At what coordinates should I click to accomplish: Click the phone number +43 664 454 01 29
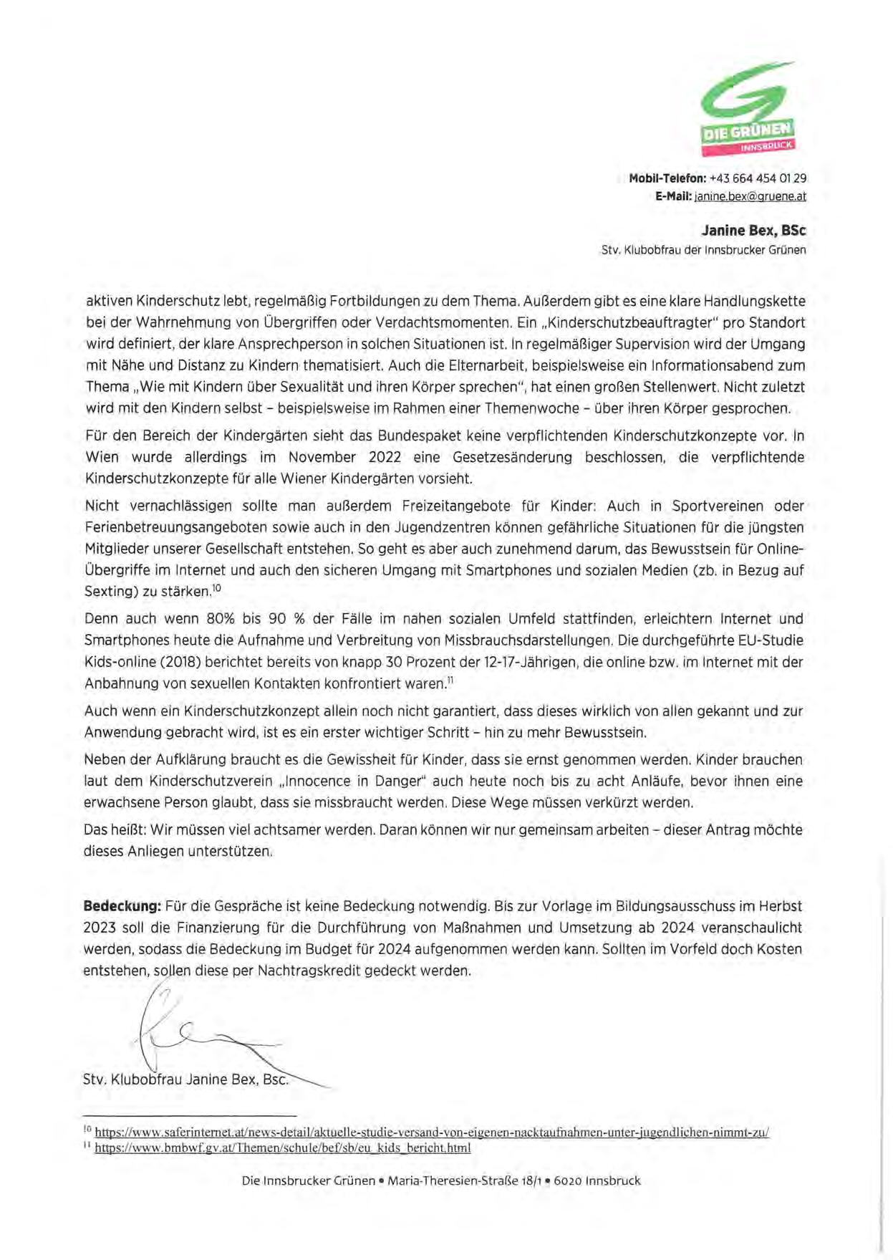point(758,178)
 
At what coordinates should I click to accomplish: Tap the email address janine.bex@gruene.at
point(750,196)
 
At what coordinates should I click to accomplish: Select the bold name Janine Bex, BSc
point(753,231)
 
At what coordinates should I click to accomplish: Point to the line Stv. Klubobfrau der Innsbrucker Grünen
point(703,250)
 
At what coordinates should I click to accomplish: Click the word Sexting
point(107,592)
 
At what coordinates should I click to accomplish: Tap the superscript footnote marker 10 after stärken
point(217,588)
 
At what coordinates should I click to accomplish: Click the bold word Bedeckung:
point(122,906)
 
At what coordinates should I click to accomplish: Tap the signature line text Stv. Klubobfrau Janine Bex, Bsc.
point(185,1079)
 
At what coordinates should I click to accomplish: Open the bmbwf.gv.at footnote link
point(282,1148)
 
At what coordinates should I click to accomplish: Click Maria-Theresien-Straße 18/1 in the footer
point(465,1180)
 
